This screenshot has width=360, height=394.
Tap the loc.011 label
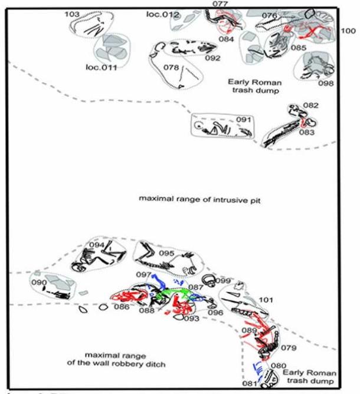pyautogui.click(x=102, y=67)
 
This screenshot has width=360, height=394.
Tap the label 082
pyautogui.click(x=310, y=106)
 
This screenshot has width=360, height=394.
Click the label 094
pyautogui.click(x=96, y=245)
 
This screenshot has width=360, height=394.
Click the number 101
pyautogui.click(x=266, y=300)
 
